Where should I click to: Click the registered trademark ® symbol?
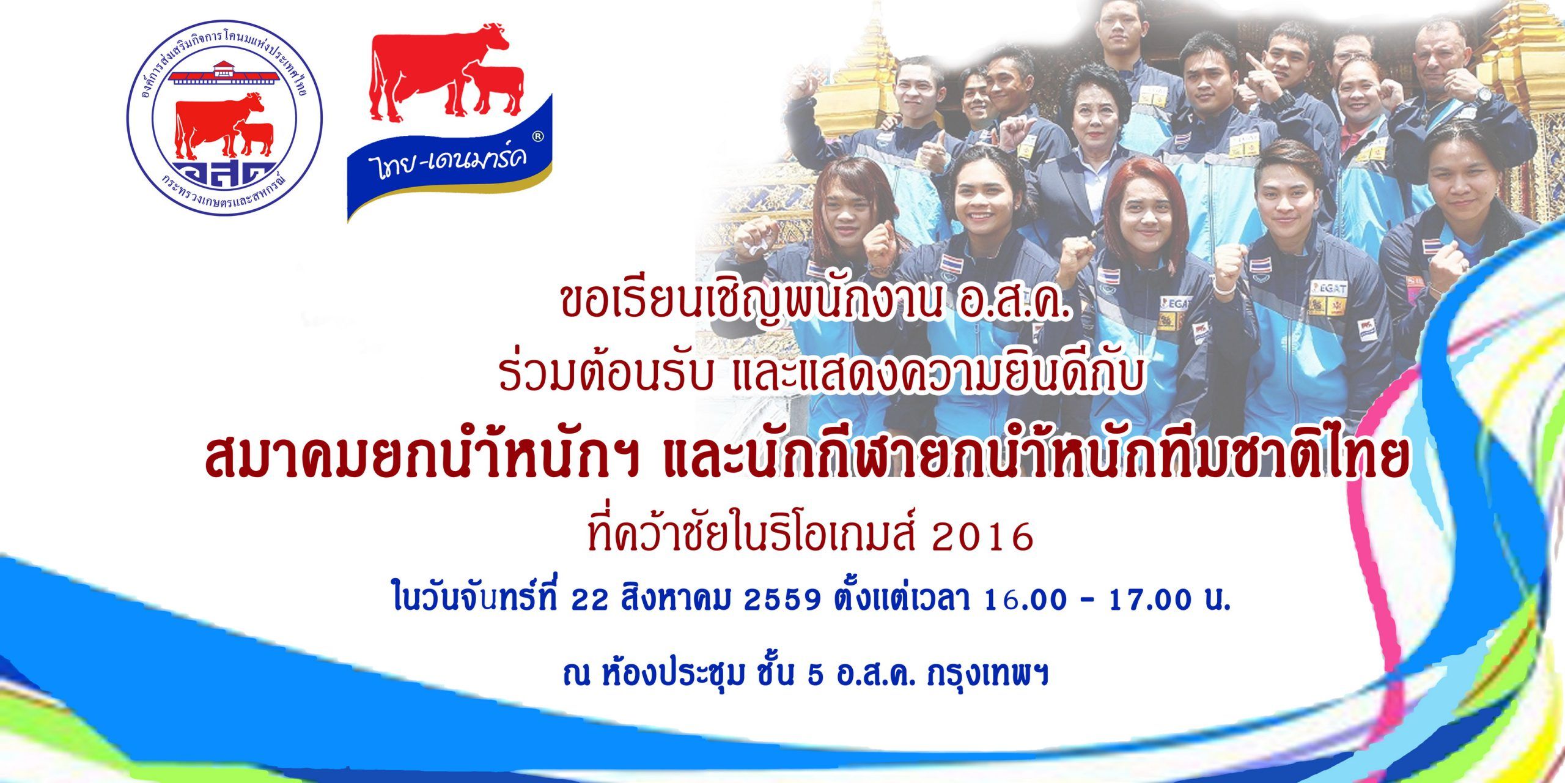pos(538,138)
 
